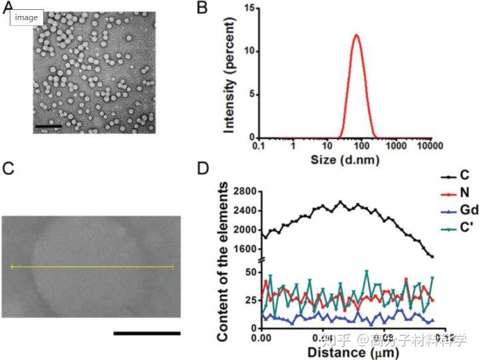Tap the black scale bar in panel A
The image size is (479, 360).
pyautogui.click(x=48, y=125)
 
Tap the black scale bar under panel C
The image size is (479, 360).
pyautogui.click(x=146, y=332)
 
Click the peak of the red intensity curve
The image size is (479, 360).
pyautogui.click(x=356, y=35)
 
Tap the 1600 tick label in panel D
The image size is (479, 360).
pyautogui.click(x=243, y=248)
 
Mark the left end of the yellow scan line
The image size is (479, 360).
pyautogui.click(x=12, y=267)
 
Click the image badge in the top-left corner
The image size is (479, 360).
pyautogui.click(x=27, y=18)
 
